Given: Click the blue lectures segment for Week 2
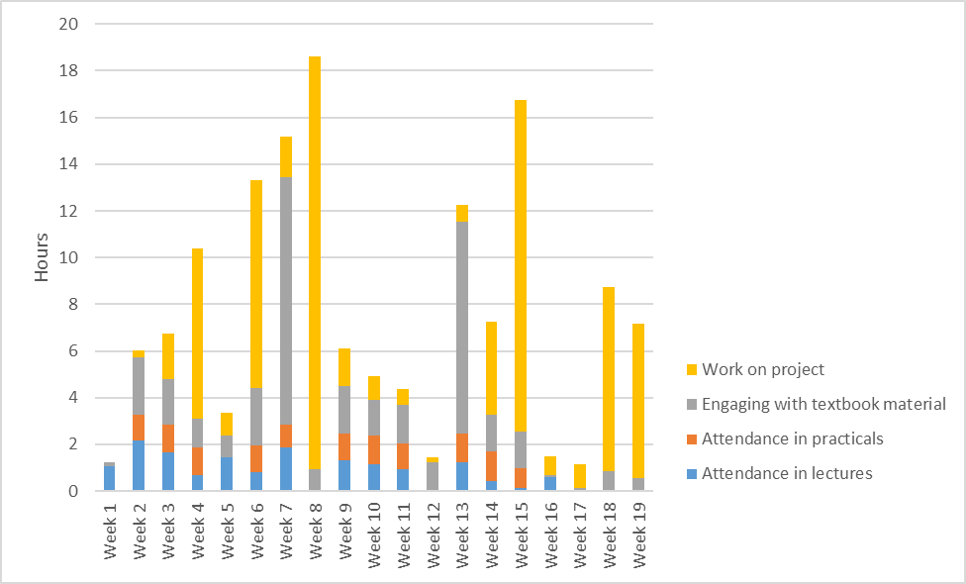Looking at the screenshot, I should point(139,466).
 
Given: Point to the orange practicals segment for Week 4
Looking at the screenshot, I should point(198,460).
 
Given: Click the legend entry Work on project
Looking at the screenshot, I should point(762,369).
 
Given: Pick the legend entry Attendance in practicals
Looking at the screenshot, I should point(793,438).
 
